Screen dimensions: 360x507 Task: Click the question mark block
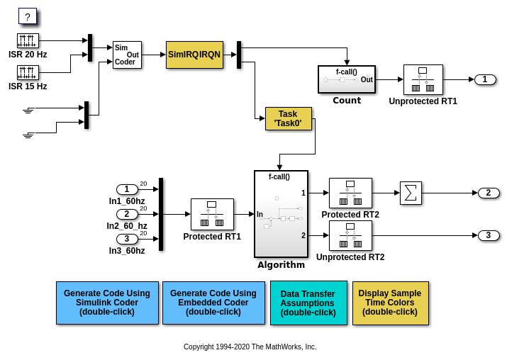click(27, 16)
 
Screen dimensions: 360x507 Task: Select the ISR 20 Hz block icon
click(28, 40)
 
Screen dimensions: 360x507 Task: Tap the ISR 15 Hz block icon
click(28, 72)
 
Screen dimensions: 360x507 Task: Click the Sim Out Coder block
click(127, 55)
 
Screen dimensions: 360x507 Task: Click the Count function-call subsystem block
click(346, 79)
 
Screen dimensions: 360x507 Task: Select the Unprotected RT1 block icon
click(423, 79)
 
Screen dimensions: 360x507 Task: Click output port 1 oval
click(485, 79)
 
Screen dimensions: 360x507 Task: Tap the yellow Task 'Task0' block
click(288, 118)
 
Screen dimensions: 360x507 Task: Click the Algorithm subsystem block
click(281, 214)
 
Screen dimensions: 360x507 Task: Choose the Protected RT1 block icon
click(212, 214)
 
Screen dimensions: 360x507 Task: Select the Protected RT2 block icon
click(350, 193)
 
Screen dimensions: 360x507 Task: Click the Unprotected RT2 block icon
click(350, 235)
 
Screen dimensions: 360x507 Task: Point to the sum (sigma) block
click(411, 193)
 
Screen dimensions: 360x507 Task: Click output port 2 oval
click(489, 193)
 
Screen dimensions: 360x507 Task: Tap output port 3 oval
click(489, 235)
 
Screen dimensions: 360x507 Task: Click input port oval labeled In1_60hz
click(127, 189)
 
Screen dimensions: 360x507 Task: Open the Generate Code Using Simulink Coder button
click(107, 303)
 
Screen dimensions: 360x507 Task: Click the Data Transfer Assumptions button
click(308, 303)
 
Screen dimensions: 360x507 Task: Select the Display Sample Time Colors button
click(390, 303)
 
